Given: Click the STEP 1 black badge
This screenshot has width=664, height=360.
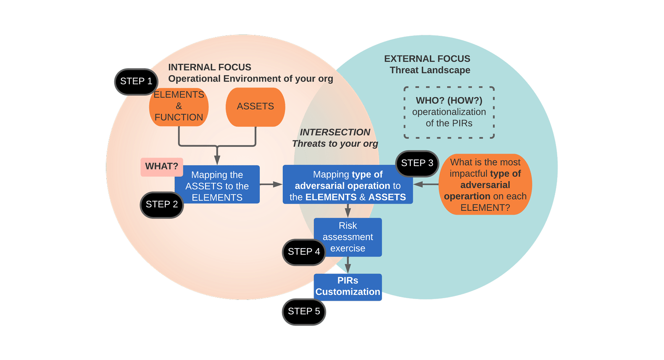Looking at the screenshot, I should click(136, 82).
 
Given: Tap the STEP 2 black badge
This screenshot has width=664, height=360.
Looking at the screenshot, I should click(162, 205).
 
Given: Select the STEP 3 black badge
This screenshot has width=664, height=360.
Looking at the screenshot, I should click(417, 164).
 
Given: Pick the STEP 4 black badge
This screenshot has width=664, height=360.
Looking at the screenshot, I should click(304, 252).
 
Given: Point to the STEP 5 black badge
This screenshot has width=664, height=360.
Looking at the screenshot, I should click(304, 312).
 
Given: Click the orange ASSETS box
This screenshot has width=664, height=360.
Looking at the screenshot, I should click(256, 107).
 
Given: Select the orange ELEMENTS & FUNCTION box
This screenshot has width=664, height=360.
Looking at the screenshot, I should click(179, 106).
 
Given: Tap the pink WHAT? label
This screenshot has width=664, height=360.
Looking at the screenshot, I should click(161, 167).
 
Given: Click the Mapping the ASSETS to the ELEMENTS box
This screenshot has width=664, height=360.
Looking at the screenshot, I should click(217, 185).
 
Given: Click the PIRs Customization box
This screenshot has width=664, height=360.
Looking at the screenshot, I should click(348, 286).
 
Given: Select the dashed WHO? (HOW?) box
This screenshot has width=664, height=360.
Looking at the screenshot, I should click(449, 112).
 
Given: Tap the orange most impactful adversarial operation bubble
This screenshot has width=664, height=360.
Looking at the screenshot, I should click(485, 185).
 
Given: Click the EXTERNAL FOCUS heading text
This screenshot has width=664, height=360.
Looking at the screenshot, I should click(427, 59).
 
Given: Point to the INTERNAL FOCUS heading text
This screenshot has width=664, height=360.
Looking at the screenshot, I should click(209, 67).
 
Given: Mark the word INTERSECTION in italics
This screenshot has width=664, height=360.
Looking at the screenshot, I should click(335, 132).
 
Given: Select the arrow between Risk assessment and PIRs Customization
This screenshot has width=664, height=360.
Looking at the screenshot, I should click(348, 265).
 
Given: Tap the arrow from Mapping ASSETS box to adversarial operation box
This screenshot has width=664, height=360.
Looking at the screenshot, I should click(271, 184).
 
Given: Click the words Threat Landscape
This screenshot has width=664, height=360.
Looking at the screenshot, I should click(429, 70).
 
